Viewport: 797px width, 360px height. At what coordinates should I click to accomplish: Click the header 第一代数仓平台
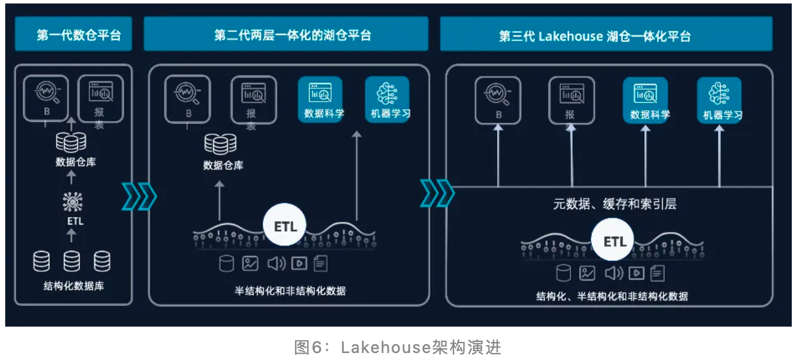click(x=73, y=35)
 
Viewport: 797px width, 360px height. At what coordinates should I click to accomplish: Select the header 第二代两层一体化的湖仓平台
click(x=286, y=35)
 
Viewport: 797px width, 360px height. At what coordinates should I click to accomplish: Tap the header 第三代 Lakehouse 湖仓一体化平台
click(x=606, y=36)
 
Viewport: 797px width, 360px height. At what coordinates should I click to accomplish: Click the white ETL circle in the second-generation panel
click(x=285, y=226)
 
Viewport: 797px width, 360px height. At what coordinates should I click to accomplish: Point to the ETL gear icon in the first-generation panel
click(x=73, y=202)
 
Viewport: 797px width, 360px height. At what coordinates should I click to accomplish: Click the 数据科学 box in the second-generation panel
click(x=321, y=99)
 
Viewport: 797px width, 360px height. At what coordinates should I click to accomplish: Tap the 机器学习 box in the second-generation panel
click(x=387, y=99)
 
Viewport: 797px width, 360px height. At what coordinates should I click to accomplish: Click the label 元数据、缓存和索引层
click(x=614, y=204)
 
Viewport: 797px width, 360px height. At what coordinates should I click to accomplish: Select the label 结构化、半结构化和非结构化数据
click(x=612, y=296)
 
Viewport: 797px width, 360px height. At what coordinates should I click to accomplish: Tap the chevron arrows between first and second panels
click(x=139, y=196)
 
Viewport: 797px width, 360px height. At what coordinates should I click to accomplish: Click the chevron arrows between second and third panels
click(x=437, y=193)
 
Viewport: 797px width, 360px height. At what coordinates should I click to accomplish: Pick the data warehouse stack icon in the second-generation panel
click(x=220, y=143)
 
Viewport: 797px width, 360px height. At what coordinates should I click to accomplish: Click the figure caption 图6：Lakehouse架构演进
click(x=398, y=347)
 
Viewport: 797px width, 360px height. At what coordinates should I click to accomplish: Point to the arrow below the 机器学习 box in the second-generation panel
click(x=357, y=174)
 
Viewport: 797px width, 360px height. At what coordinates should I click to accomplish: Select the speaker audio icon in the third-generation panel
click(x=613, y=272)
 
